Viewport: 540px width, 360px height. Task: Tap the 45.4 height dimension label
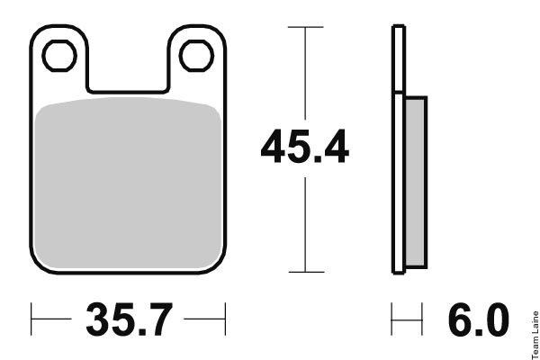pyautogui.click(x=305, y=147)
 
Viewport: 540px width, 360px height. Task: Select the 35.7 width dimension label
pyautogui.click(x=129, y=319)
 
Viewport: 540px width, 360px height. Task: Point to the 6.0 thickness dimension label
pyautogui.click(x=479, y=319)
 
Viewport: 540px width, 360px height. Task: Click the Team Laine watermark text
pyautogui.click(x=535, y=335)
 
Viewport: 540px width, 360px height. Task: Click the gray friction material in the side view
pyautogui.click(x=417, y=182)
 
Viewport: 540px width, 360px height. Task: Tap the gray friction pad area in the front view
pyautogui.click(x=128, y=183)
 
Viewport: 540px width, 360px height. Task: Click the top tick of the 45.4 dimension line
pyautogui.click(x=305, y=27)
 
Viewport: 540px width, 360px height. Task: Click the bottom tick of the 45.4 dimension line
pyautogui.click(x=306, y=272)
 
